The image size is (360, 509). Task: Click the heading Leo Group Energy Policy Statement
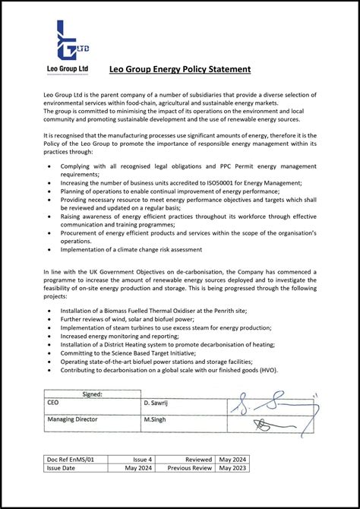click(x=179, y=69)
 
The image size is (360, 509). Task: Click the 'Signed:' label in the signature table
click(x=92, y=394)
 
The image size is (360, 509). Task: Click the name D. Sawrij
click(x=159, y=403)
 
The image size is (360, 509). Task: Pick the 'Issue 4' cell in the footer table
click(x=143, y=460)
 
